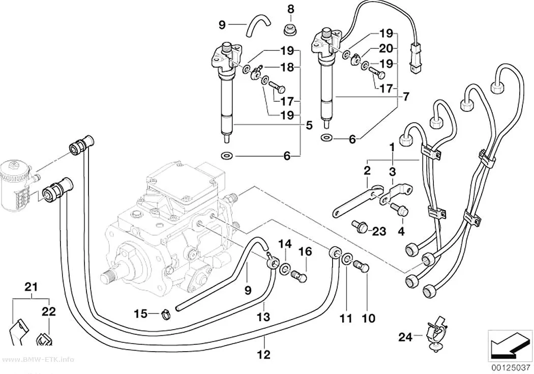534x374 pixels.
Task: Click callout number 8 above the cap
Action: coord(290,10)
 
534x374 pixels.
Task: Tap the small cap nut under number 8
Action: coord(290,30)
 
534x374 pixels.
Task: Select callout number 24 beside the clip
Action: coord(405,337)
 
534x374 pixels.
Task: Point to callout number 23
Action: coord(379,232)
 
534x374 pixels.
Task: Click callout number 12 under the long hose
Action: coord(263,355)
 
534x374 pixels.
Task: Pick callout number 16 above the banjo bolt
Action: coord(305,252)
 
